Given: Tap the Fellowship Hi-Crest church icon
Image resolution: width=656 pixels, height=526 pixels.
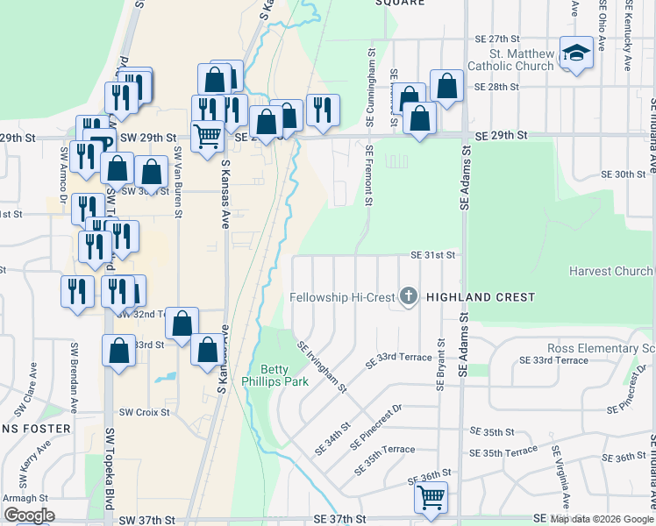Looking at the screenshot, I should point(408,297).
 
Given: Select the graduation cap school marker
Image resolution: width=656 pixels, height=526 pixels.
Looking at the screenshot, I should point(576,54).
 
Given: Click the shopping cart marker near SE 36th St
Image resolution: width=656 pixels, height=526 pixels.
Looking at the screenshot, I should point(431,497).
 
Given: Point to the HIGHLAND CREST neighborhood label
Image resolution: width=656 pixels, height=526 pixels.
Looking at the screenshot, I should point(480,298).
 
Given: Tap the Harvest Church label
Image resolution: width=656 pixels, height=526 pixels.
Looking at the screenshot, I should point(610,271).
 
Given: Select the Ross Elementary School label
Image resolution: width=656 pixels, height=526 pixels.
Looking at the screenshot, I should point(602,349).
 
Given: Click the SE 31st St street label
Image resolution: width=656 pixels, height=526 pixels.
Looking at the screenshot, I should point(435,255).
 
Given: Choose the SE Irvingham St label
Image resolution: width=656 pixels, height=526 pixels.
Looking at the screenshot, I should point(324,367).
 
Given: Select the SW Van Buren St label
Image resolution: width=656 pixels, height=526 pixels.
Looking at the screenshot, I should point(178,181).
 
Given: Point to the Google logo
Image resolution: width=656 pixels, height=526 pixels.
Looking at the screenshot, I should point(29,515).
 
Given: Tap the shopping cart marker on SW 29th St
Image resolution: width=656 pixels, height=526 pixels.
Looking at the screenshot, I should point(207,136).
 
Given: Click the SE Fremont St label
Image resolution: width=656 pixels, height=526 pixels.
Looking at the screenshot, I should point(368,175).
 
